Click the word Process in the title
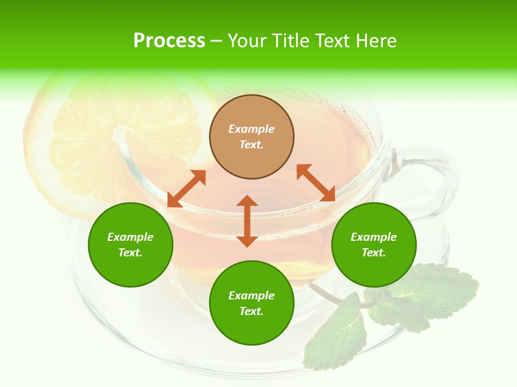[169, 41]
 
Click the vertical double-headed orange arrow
[247, 221]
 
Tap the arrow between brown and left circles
[186, 189]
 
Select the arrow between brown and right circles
[316, 183]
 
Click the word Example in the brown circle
[251, 129]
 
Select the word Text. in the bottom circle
[251, 311]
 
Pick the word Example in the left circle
[130, 237]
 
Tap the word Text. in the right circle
[374, 253]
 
